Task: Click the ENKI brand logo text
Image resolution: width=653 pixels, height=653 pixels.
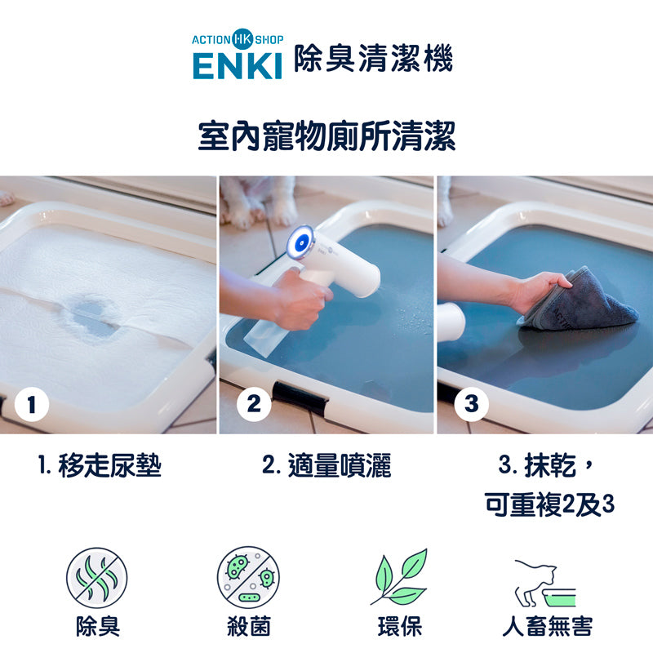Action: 238,66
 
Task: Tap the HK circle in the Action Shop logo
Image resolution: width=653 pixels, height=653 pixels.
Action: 242,39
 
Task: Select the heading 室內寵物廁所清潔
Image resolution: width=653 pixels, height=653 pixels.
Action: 326,136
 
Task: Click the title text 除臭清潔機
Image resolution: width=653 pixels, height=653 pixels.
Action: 374,58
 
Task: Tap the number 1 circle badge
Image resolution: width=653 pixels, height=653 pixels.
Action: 32,404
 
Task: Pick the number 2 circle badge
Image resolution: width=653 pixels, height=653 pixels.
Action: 254,404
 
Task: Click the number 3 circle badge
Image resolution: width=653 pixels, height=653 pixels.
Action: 471,404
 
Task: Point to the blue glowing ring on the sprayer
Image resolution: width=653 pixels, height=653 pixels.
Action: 300,242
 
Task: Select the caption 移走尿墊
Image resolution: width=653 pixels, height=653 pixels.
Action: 109,465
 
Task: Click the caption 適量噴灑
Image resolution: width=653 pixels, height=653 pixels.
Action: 340,465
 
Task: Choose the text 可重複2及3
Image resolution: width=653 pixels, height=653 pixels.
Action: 549,504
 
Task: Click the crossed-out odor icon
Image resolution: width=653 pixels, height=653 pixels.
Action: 96,578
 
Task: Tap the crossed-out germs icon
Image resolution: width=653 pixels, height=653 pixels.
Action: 248,577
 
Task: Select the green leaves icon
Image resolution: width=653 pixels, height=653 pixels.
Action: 400,577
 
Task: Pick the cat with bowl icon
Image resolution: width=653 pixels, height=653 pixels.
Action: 545,583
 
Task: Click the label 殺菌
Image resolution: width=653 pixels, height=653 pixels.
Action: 249,626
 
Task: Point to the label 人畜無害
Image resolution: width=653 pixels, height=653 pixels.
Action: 547,626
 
